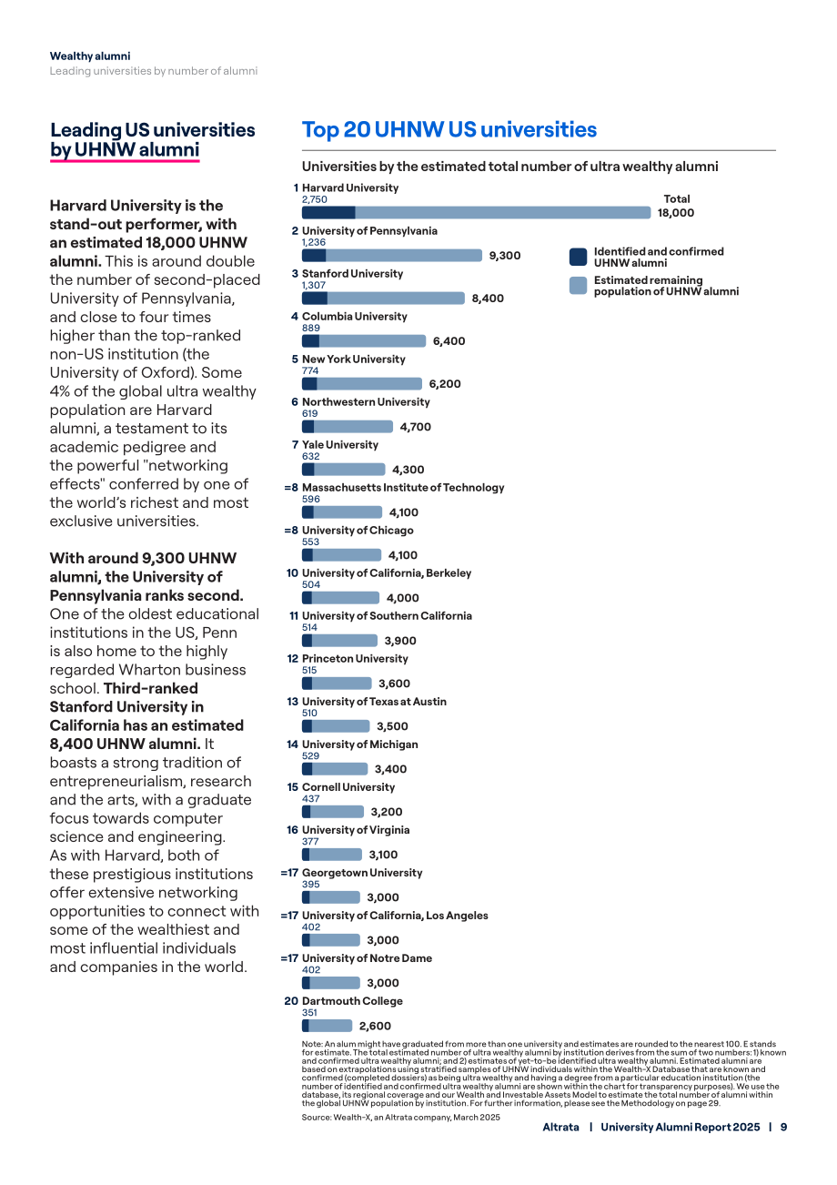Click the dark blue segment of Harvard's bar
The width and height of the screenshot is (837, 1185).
click(x=328, y=213)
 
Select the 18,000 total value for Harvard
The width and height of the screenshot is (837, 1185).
click(x=676, y=213)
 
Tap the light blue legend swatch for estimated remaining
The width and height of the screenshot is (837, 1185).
click(x=578, y=286)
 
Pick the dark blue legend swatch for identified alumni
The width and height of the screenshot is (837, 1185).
click(x=578, y=257)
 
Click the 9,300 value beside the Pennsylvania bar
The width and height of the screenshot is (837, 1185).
click(x=504, y=256)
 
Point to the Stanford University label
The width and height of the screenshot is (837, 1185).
click(x=352, y=274)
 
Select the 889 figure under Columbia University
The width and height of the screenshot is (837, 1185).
click(x=311, y=328)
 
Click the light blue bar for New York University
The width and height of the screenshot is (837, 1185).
click(x=369, y=383)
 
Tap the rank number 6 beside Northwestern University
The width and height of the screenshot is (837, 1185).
click(x=295, y=402)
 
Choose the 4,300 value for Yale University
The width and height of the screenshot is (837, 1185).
click(x=408, y=470)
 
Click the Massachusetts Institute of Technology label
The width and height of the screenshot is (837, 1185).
click(x=403, y=488)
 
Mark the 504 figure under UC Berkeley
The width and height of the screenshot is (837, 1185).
click(x=311, y=584)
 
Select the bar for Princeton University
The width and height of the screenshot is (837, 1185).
click(x=337, y=684)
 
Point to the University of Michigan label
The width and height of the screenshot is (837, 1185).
click(x=359, y=744)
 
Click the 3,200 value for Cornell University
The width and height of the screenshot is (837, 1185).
click(x=387, y=812)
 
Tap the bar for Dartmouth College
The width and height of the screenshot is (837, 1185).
click(x=327, y=1026)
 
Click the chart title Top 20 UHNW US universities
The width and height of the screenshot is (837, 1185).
click(x=449, y=129)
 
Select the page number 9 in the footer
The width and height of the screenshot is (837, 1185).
click(x=783, y=1127)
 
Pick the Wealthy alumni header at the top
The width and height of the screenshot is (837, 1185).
click(x=90, y=56)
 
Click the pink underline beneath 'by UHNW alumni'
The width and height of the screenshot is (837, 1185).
click(x=125, y=160)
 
